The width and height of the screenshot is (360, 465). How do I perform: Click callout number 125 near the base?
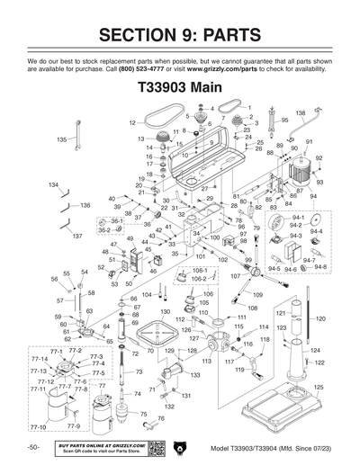click(x=318, y=387)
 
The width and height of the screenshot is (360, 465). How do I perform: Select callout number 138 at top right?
click(x=301, y=112)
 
